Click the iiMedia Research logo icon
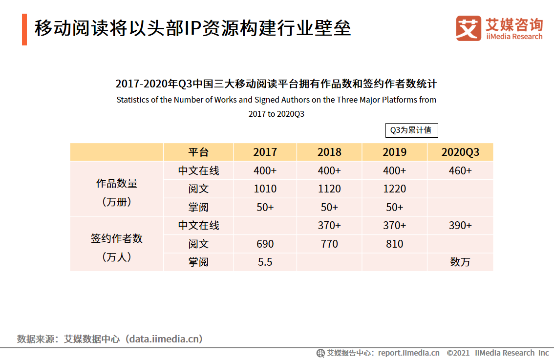[469, 28]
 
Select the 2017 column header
[265, 152]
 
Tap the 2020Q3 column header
[460, 152]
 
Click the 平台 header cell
[198, 152]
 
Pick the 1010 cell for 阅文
[265, 189]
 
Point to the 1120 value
[329, 189]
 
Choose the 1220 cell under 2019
[394, 189]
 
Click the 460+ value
[460, 170]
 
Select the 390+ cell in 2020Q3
[460, 225]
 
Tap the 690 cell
[265, 244]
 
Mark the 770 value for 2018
[329, 244]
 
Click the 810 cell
[394, 244]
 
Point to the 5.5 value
[265, 262]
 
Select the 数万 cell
[460, 262]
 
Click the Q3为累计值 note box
[411, 130]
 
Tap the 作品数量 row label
[117, 184]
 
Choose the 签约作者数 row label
[117, 238]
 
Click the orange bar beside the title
[24, 30]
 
